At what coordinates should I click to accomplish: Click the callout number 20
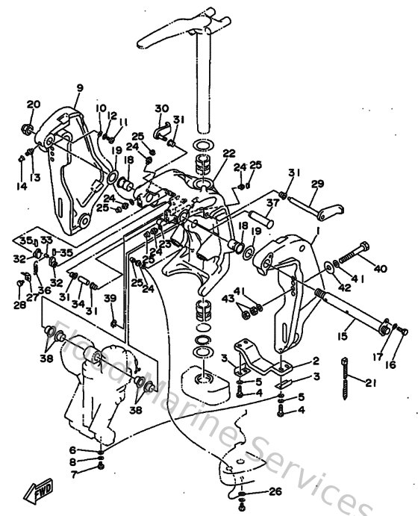[33, 105]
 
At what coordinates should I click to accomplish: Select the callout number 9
[79, 89]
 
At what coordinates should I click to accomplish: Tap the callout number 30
[162, 109]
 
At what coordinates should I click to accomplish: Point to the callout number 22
[208, 154]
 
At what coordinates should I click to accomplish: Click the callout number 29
[317, 184]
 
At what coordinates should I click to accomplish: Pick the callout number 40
[381, 269]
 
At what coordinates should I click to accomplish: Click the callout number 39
[110, 299]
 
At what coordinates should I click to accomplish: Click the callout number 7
[73, 473]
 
